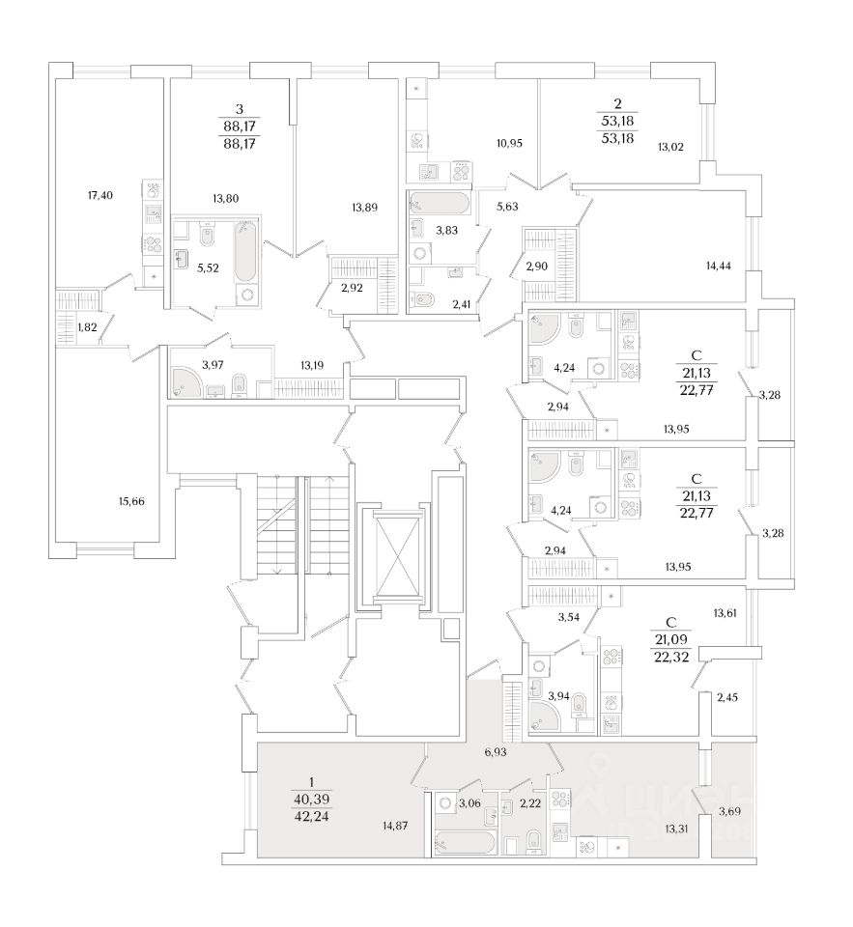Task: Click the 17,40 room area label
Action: pyautogui.click(x=100, y=196)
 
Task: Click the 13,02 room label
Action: pyautogui.click(x=669, y=147)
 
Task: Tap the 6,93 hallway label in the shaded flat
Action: pyautogui.click(x=496, y=750)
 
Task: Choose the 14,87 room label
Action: pyautogui.click(x=397, y=825)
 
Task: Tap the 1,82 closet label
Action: pyautogui.click(x=85, y=327)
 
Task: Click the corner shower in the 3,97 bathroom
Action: pyautogui.click(x=185, y=380)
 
